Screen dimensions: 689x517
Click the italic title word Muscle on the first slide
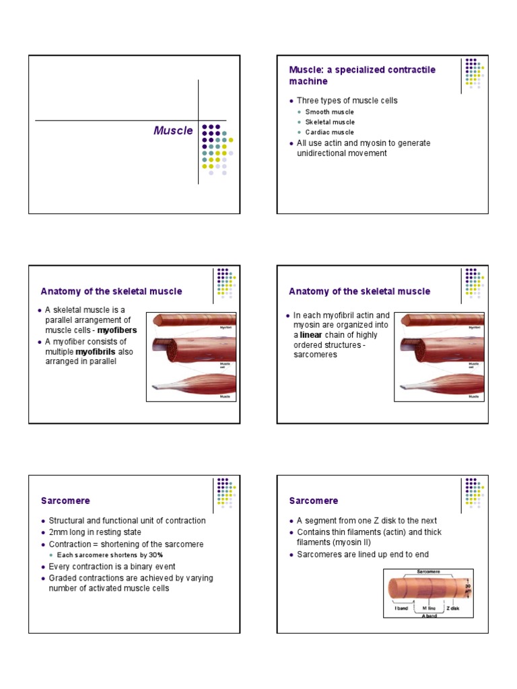click(x=173, y=131)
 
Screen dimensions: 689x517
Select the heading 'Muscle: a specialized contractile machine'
click(x=362, y=75)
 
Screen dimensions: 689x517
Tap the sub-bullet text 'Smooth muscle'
click(x=329, y=112)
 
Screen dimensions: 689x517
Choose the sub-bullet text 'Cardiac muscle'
click(x=329, y=133)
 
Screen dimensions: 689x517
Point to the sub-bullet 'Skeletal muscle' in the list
click(x=330, y=122)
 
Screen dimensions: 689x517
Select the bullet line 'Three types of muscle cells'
click(x=347, y=101)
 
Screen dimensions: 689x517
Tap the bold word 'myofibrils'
click(x=96, y=352)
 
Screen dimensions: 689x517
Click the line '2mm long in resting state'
click(x=94, y=532)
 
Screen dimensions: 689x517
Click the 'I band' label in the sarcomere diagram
click(x=401, y=608)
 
